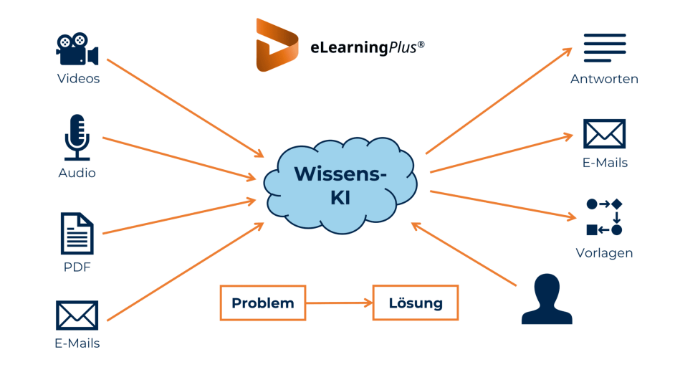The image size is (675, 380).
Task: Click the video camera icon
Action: (77, 49)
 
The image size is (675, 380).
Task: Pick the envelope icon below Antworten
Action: (604, 135)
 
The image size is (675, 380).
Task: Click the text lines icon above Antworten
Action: (605, 48)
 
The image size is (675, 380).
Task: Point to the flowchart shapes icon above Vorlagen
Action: (604, 217)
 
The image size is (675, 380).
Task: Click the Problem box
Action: (262, 303)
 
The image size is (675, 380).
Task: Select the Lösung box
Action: (416, 303)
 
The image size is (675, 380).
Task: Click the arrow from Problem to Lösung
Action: (339, 303)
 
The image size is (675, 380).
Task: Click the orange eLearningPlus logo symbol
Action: (277, 45)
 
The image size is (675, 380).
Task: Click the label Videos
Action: (78, 79)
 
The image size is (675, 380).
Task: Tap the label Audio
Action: (77, 173)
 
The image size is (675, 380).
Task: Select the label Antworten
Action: (604, 79)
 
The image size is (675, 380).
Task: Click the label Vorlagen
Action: (604, 253)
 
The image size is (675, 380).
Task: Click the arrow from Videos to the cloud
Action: (185, 108)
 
